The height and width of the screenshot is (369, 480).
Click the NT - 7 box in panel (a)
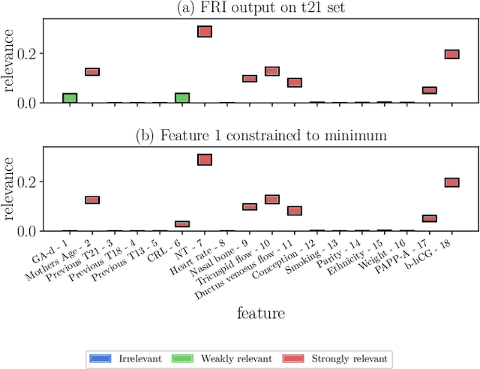click(x=204, y=31)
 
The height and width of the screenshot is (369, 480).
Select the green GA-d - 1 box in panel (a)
click(x=70, y=98)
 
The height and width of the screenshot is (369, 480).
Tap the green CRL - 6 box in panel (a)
click(x=182, y=98)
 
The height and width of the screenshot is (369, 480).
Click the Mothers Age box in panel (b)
click(x=92, y=200)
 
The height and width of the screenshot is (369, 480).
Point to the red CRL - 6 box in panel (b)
click(x=182, y=223)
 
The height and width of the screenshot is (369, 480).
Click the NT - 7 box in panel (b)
click(x=204, y=159)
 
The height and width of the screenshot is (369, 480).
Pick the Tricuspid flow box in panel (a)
click(x=272, y=71)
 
